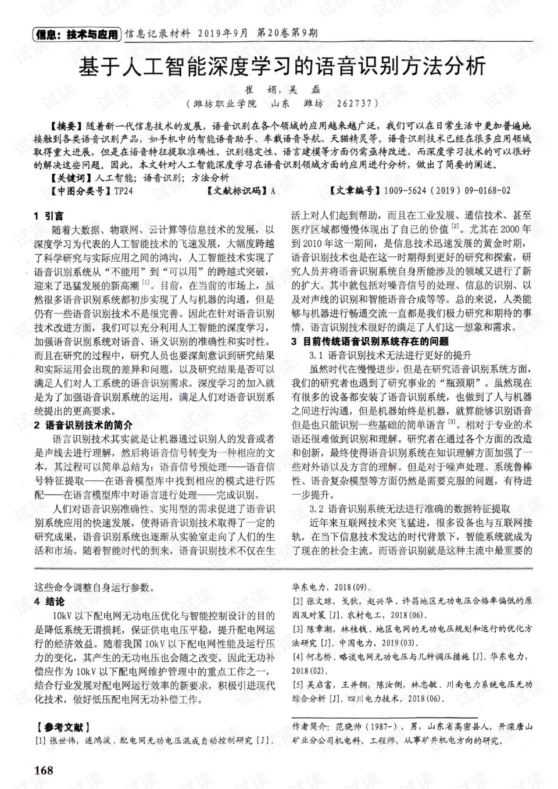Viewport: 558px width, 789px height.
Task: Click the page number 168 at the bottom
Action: pyautogui.click(x=44, y=770)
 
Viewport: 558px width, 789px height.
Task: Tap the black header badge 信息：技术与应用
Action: pyautogui.click(x=76, y=34)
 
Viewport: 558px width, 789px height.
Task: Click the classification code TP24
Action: pyautogui.click(x=123, y=191)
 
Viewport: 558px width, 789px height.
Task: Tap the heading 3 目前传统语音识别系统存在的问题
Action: pyautogui.click(x=370, y=341)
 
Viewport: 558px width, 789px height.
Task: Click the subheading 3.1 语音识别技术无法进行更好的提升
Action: pyautogui.click(x=390, y=355)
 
